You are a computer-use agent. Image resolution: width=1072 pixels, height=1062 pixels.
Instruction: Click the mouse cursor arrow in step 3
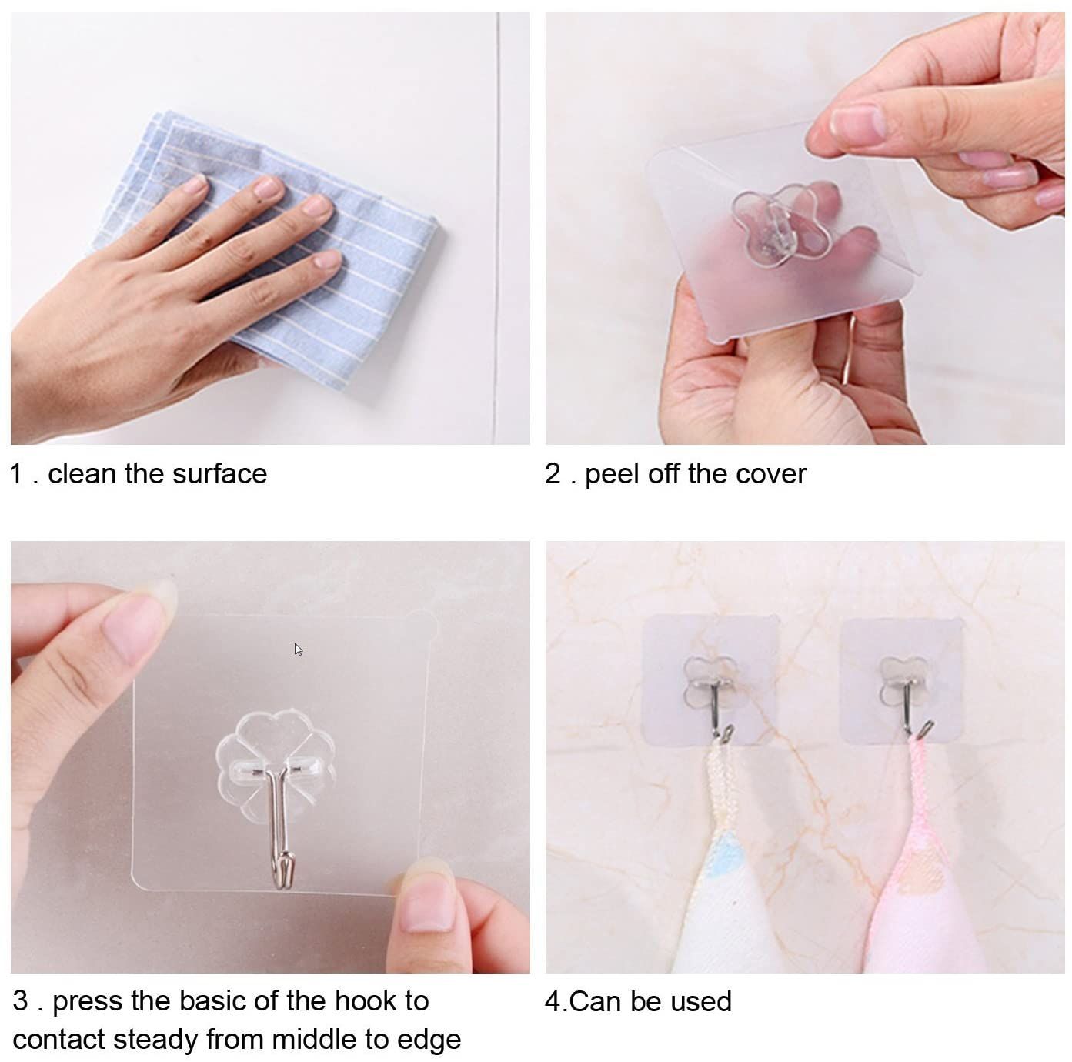[x=298, y=650]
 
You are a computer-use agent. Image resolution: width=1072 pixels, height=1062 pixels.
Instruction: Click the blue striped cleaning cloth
[x=362, y=254]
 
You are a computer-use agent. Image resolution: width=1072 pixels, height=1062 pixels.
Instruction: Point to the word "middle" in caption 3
[x=311, y=1039]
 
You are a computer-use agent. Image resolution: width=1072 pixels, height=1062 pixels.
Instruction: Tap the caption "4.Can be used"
[x=638, y=1001]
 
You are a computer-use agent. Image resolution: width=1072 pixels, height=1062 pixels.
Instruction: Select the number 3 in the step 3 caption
[x=21, y=1001]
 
